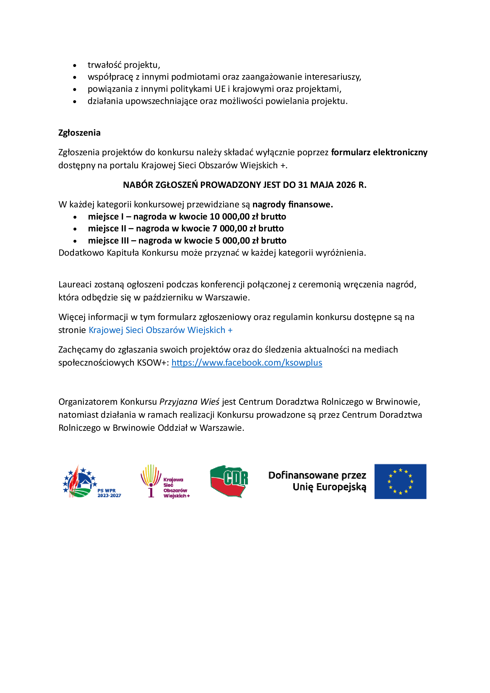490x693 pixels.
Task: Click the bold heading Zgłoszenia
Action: [x=79, y=133]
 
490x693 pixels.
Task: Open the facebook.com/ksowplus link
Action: [x=246, y=362]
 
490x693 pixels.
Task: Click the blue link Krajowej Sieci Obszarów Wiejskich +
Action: [x=161, y=330]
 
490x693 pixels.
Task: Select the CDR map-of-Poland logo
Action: [x=229, y=481]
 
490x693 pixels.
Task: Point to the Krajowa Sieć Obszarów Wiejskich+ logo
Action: [x=165, y=481]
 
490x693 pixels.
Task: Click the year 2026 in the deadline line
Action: [x=346, y=185]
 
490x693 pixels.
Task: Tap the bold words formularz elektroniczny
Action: [x=379, y=152]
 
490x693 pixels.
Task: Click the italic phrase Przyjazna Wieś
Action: [x=189, y=402]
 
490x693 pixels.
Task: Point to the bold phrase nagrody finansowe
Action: [x=292, y=205]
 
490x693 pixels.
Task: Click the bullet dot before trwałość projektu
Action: [x=75, y=65]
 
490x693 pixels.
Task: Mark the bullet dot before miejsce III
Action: [x=75, y=241]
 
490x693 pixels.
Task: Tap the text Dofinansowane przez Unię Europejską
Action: [x=317, y=481]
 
